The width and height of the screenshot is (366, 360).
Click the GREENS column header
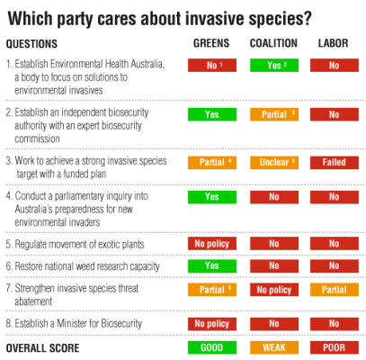click(211, 43)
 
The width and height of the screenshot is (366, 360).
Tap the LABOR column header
click(334, 43)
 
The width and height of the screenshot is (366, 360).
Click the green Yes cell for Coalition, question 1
click(272, 65)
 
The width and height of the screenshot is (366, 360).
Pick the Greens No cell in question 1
click(211, 65)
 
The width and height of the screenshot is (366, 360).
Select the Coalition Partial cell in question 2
click(272, 114)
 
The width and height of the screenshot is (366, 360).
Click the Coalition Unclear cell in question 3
click(272, 163)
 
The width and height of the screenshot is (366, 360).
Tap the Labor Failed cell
click(334, 163)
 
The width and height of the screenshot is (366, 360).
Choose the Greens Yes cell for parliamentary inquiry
click(211, 196)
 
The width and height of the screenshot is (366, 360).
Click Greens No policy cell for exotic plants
click(211, 244)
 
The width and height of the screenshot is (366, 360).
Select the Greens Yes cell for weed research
click(211, 266)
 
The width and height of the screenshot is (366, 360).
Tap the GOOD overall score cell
click(211, 347)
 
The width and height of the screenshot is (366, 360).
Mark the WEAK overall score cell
click(272, 347)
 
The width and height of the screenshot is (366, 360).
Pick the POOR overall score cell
click(334, 347)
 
